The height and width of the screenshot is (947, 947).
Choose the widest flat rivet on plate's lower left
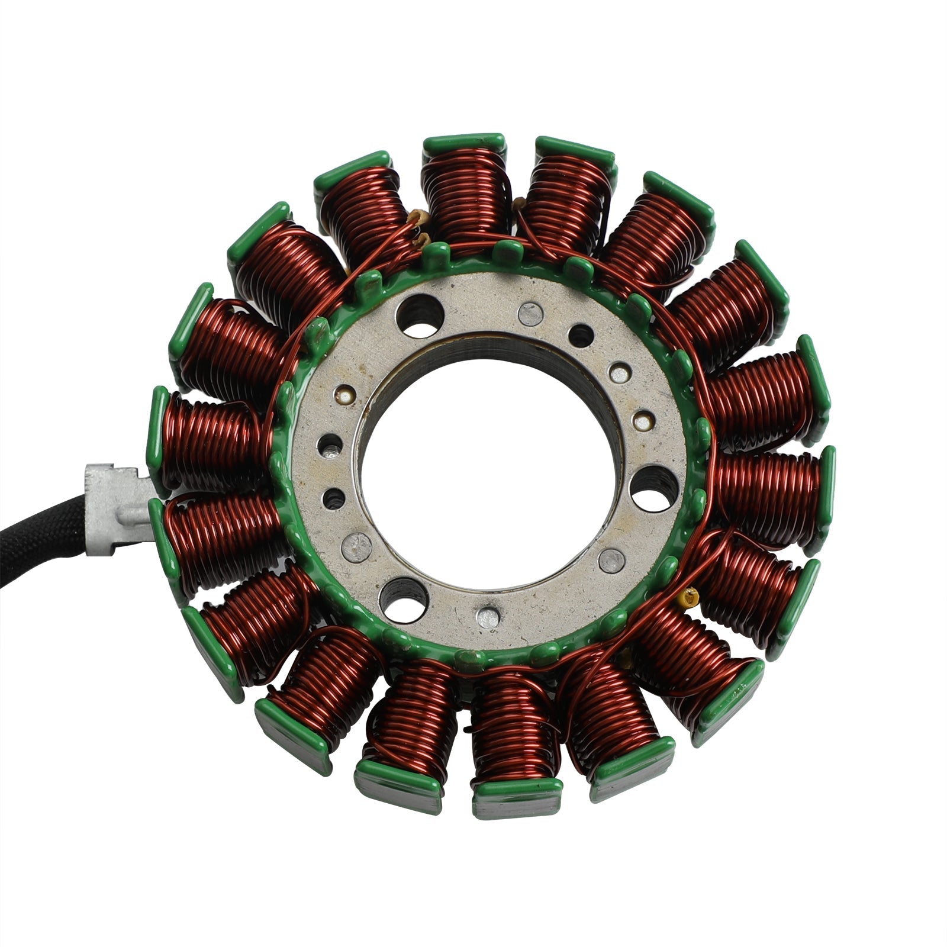coord(359,543)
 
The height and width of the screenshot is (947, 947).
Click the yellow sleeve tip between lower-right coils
coord(687,597)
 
